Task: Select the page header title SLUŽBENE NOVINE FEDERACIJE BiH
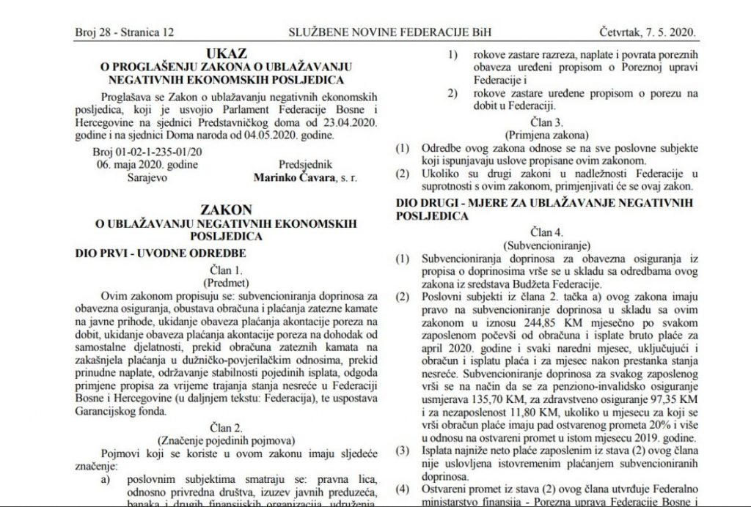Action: (x=381, y=33)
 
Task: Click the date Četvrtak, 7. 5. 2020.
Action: (x=648, y=33)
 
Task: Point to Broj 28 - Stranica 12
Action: (x=125, y=33)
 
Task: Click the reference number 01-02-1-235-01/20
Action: (x=169, y=152)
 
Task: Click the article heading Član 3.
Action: (x=546, y=122)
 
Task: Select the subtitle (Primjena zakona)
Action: (x=546, y=136)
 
